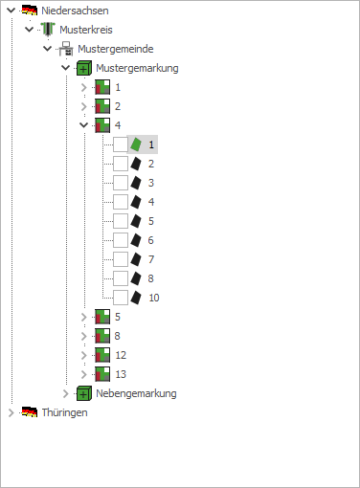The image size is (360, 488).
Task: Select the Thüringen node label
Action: pos(64,412)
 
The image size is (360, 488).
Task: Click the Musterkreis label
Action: pos(85,31)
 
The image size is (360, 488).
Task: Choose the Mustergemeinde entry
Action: pos(115,49)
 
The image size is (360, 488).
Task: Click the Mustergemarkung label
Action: pos(137,68)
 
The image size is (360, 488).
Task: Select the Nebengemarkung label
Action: pos(136,393)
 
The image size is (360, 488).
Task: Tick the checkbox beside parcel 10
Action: pos(120,298)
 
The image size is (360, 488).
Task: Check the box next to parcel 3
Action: pos(120,183)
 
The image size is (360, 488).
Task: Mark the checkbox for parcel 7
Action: pos(120,259)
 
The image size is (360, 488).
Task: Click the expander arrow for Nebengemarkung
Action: pos(66,393)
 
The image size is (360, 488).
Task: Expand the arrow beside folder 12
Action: pos(84,355)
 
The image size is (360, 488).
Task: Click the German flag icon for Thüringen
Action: pos(30,412)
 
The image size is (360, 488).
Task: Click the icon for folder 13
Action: pos(102,374)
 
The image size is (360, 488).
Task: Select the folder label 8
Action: pos(118,336)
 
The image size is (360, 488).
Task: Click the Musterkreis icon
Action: pos(48,31)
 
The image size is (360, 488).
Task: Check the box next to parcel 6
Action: pos(120,240)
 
